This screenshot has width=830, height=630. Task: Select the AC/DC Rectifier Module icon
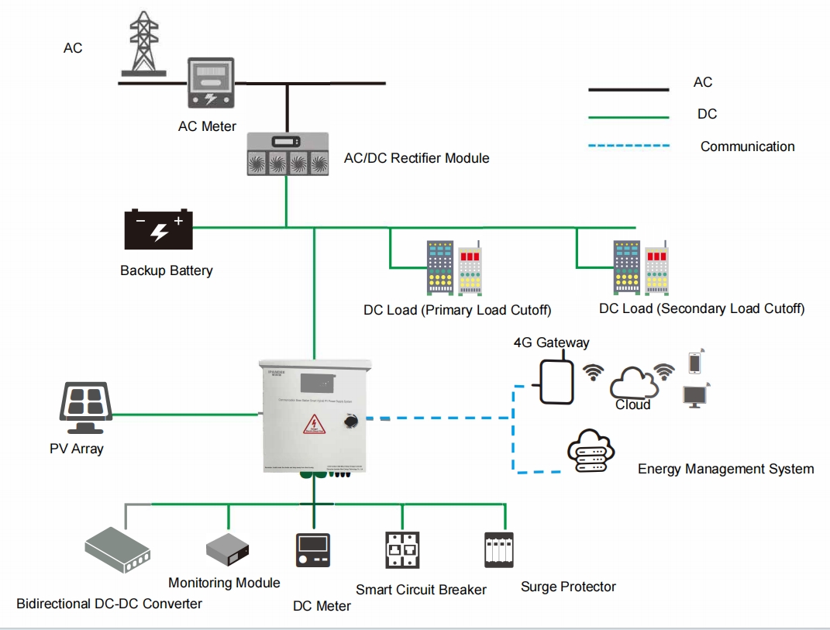(x=288, y=153)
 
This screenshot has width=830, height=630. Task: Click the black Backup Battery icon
(x=159, y=229)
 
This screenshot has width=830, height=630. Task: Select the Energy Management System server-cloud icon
(x=590, y=453)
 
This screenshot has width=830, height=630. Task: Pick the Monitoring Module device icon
(x=229, y=550)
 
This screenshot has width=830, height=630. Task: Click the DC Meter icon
(x=313, y=550)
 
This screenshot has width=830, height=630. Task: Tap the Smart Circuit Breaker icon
(x=402, y=550)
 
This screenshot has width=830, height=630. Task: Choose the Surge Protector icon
(x=498, y=549)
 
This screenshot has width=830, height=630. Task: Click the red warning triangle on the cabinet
(x=314, y=425)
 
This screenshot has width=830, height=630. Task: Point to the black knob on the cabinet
(x=350, y=422)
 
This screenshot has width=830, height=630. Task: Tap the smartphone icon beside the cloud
(x=695, y=363)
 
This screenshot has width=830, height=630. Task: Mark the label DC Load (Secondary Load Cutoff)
(x=701, y=308)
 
